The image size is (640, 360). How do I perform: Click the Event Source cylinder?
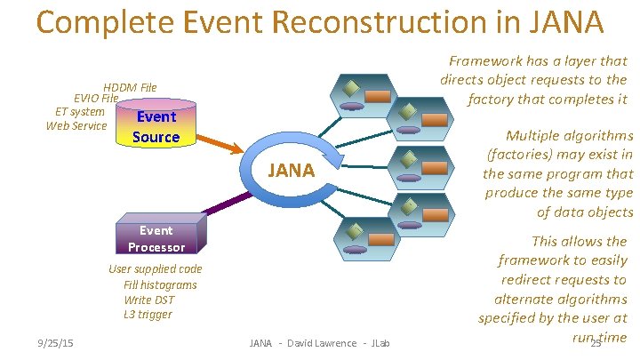(156, 126)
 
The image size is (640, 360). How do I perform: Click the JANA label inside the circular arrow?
(291, 170)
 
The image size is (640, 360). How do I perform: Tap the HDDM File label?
(130, 87)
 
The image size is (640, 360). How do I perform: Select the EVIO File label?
(96, 99)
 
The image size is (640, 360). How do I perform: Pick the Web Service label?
(76, 125)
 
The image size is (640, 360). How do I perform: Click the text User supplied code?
(155, 268)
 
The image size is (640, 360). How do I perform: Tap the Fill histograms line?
(160, 284)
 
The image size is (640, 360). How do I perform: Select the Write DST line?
(148, 300)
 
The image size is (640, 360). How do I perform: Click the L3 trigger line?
(148, 315)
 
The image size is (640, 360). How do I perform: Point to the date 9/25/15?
(55, 343)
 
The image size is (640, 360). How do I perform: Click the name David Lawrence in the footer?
(320, 343)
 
